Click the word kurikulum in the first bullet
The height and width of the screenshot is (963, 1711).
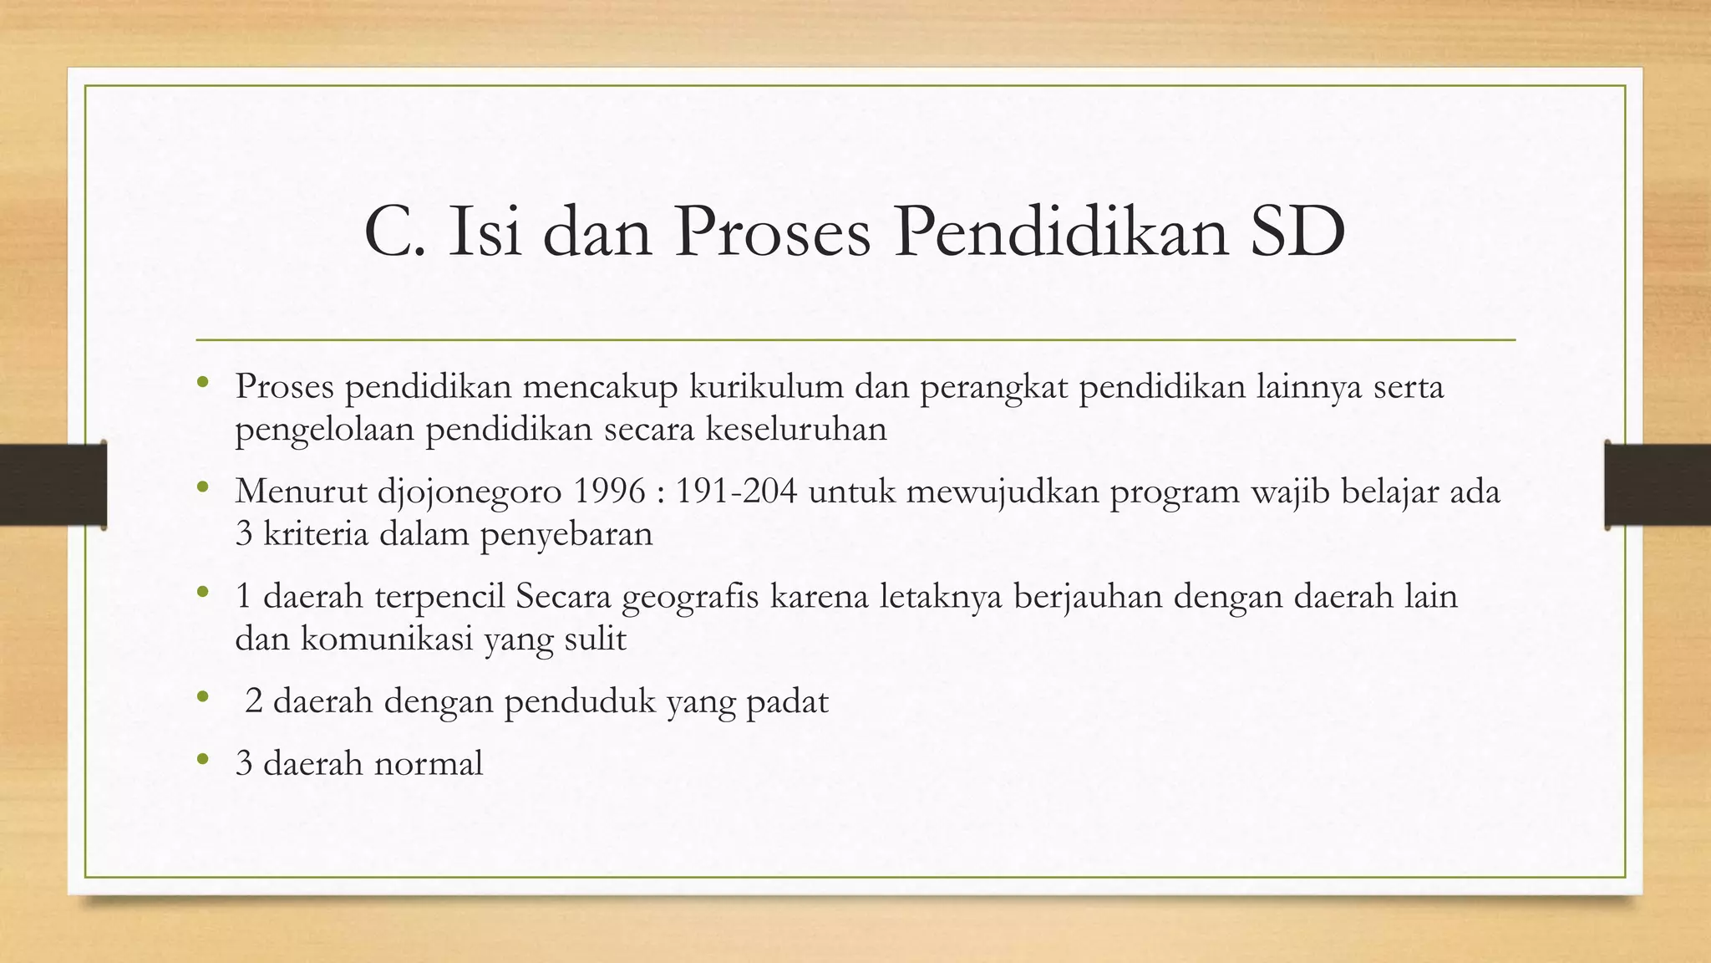point(767,387)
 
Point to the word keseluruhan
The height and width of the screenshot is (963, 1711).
point(796,430)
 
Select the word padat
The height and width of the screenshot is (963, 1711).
point(787,702)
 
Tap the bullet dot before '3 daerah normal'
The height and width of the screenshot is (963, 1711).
point(202,760)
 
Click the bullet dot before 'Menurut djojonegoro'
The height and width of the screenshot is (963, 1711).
point(202,488)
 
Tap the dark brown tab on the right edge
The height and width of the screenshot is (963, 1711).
point(1658,485)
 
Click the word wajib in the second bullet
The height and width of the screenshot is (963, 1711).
point(1291,492)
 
